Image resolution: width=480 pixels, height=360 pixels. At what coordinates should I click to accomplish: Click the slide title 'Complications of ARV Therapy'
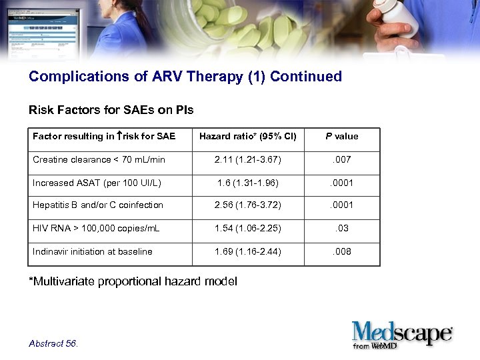click(x=185, y=77)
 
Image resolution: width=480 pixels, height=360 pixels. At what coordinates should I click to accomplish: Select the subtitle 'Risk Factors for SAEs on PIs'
click(x=111, y=110)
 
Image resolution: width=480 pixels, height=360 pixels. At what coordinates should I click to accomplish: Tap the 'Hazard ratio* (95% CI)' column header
click(x=247, y=137)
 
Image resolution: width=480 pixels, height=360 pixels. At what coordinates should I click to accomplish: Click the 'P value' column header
click(x=342, y=137)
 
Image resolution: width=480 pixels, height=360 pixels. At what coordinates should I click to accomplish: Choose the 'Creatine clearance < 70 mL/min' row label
click(x=99, y=160)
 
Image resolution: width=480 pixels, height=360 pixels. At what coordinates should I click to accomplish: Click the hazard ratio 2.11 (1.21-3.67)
click(x=247, y=160)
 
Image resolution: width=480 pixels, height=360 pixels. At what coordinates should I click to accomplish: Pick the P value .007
click(x=342, y=160)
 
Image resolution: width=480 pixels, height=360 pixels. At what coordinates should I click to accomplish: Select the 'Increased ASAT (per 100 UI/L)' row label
click(x=97, y=183)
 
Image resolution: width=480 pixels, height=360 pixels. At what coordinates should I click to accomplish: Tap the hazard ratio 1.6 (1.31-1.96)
click(x=247, y=183)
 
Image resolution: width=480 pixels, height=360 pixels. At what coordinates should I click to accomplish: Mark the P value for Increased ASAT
click(x=342, y=183)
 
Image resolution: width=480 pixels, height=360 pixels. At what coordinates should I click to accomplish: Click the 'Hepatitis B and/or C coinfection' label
click(x=98, y=205)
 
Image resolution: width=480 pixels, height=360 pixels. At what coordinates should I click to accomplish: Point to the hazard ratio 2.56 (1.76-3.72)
click(x=247, y=205)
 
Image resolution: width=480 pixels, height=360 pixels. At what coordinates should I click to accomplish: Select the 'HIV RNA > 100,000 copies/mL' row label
click(x=96, y=229)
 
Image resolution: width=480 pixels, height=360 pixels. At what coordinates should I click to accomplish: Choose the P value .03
click(x=342, y=229)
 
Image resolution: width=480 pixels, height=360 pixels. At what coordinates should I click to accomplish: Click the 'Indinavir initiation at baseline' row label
click(x=93, y=251)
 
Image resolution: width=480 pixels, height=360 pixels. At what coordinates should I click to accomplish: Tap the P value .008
click(x=342, y=251)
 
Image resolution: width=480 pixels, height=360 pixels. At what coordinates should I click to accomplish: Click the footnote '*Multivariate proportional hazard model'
click(x=133, y=281)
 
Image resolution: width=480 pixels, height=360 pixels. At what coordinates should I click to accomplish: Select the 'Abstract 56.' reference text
click(x=53, y=343)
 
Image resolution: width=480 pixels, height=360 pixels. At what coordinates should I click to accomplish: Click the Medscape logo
click(x=402, y=333)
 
